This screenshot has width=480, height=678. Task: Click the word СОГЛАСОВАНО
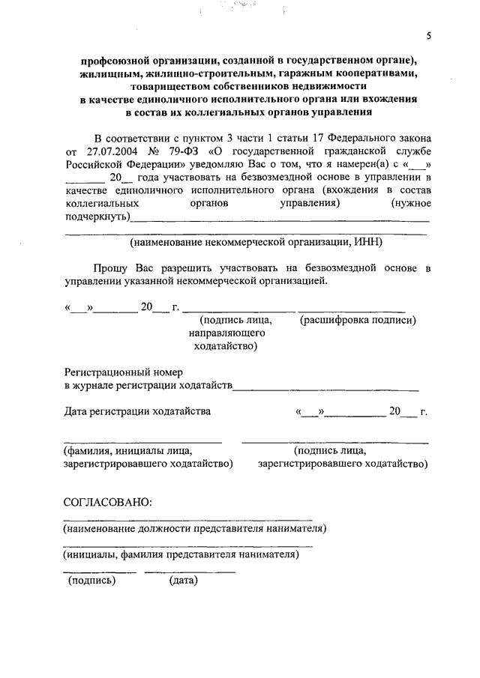(x=108, y=501)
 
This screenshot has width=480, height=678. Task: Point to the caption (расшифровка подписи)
(x=358, y=321)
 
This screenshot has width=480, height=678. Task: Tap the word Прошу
(x=110, y=267)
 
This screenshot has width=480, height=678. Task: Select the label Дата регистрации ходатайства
(x=137, y=411)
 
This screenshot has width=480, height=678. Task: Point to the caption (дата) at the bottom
(x=183, y=580)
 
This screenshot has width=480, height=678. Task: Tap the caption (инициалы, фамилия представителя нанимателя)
(x=181, y=555)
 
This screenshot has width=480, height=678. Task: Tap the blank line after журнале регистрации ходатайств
(x=326, y=388)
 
